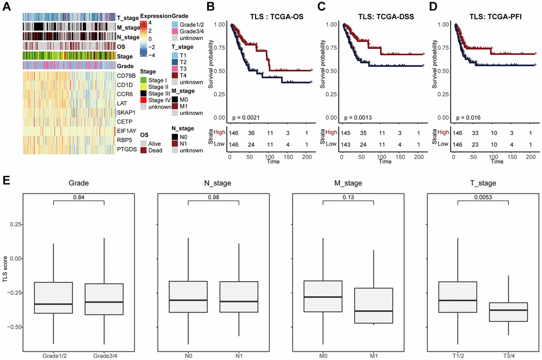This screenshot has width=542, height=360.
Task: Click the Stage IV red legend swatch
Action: pyautogui.click(x=144, y=100)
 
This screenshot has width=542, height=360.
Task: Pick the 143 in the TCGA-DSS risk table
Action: pyautogui.click(x=346, y=144)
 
